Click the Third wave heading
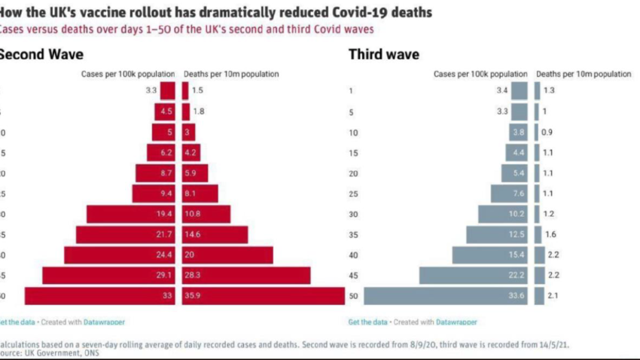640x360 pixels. [384, 55]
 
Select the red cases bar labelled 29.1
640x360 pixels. [108, 276]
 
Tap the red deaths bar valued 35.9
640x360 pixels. [264, 296]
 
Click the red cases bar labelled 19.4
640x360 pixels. [131, 215]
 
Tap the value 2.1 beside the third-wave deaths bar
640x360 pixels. [551, 296]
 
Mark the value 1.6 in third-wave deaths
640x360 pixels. [551, 235]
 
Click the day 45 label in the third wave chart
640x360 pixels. [353, 276]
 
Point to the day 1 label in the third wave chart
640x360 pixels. [351, 91]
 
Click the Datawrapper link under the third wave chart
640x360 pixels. [456, 322]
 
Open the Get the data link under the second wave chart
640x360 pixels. [17, 322]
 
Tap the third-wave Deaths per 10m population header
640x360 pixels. [584, 75]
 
